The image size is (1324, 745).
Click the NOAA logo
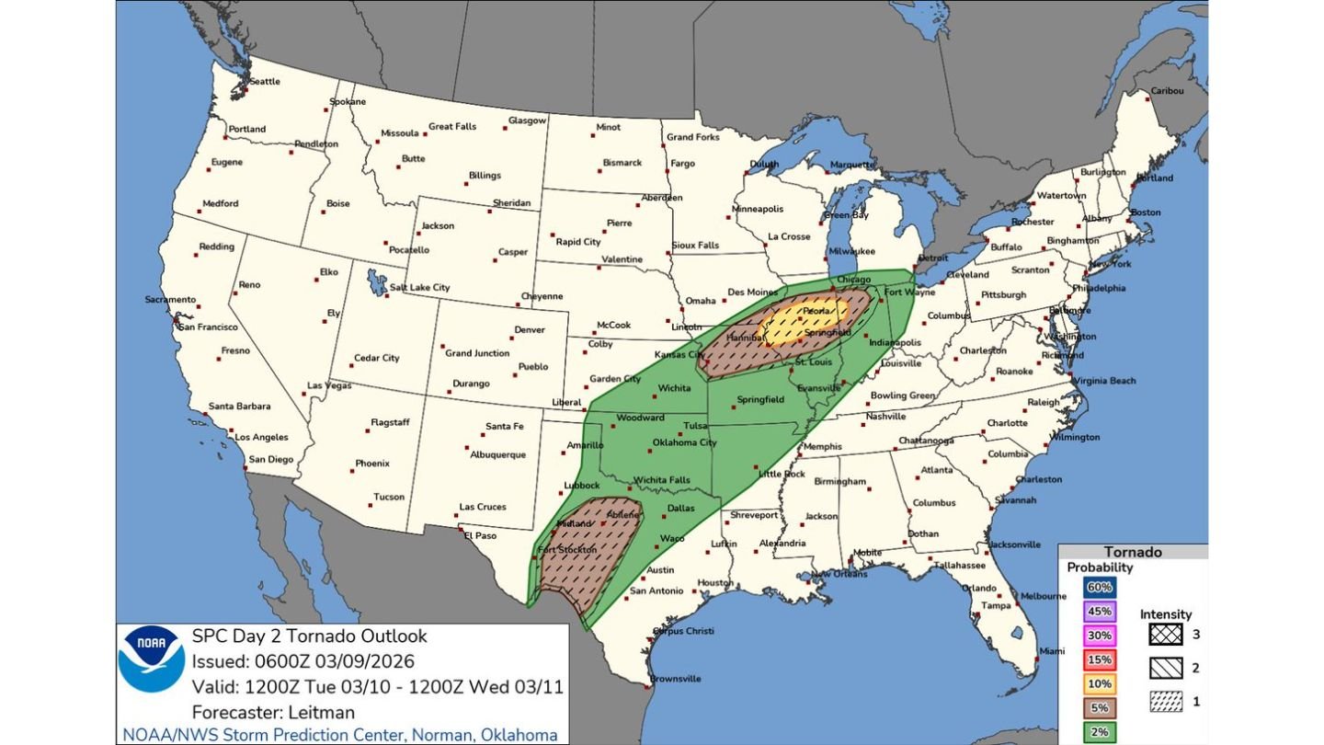pos(152,659)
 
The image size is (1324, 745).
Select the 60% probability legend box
pos(1100,587)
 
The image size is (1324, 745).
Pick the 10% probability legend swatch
pos(1100,683)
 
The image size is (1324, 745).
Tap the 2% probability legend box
pos(1100,731)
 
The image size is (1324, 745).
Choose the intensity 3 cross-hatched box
pos(1165,635)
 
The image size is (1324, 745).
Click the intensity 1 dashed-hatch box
pos(1165,701)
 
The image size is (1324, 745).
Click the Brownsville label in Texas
pos(676,679)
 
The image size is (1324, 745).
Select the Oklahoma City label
pos(684,442)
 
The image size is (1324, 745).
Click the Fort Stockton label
pos(562,550)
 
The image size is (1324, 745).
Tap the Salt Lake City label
pos(419,288)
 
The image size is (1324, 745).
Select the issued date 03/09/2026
pos(365,661)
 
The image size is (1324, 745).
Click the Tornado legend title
pos(1132,552)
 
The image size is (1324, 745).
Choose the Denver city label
pos(530,329)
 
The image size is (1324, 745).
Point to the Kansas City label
pos(680,355)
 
